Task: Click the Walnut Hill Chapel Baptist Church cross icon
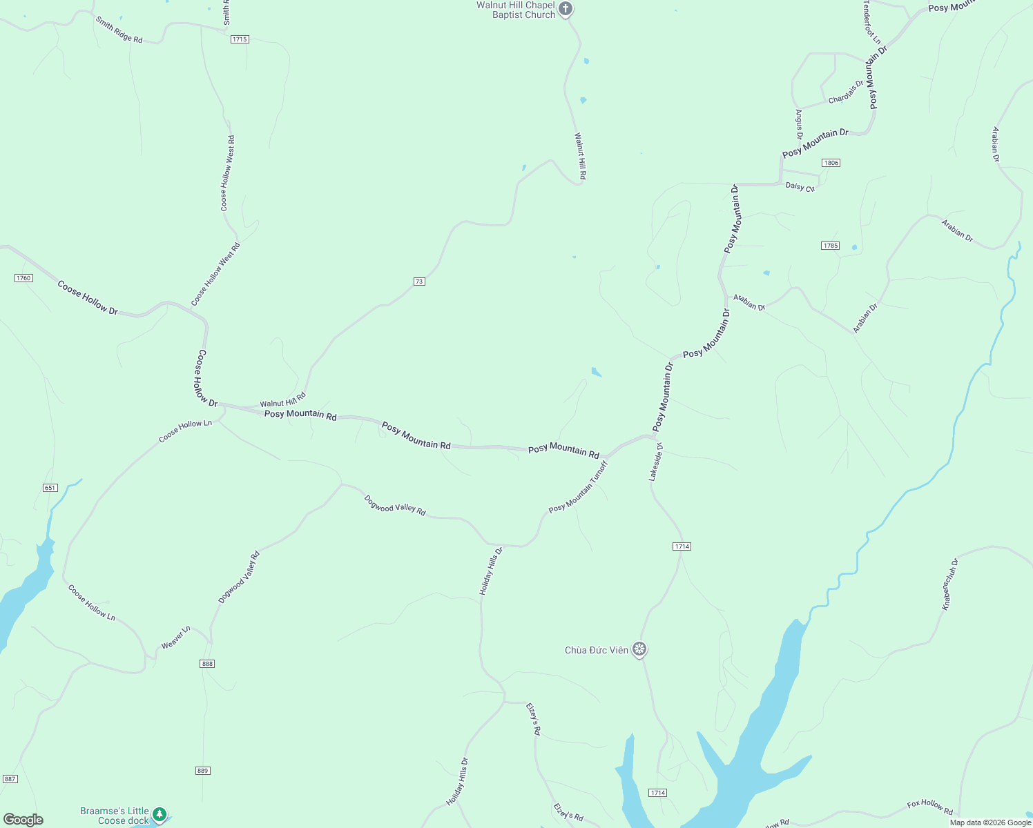(x=566, y=9)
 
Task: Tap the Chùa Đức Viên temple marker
(x=640, y=649)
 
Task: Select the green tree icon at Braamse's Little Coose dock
(x=160, y=815)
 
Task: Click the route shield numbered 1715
(x=240, y=39)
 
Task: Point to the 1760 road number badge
(x=23, y=278)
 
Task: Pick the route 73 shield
(x=419, y=282)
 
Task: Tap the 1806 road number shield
(x=831, y=163)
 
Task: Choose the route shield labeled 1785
(x=830, y=246)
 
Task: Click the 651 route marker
(x=50, y=488)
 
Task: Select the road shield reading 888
(x=207, y=664)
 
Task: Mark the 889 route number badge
(x=202, y=771)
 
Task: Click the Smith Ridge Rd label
(x=119, y=30)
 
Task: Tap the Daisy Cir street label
(x=800, y=187)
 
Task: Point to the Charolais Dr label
(x=846, y=93)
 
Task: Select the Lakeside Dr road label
(x=656, y=462)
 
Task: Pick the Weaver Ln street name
(x=175, y=638)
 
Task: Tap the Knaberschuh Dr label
(x=951, y=584)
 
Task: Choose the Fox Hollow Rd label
(x=929, y=806)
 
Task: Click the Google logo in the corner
(x=23, y=820)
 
